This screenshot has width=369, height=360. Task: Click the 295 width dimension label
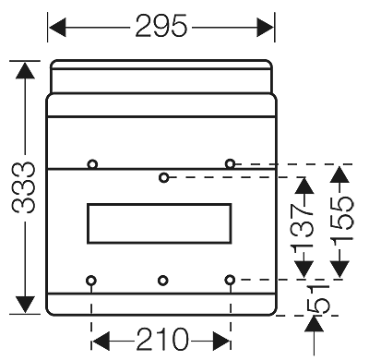click(x=161, y=27)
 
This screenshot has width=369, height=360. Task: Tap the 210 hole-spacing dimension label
click(x=161, y=340)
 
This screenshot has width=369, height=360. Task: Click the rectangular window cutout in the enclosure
click(x=159, y=223)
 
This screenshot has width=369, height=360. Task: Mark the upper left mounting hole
click(x=92, y=164)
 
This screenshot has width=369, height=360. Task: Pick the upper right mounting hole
click(x=230, y=163)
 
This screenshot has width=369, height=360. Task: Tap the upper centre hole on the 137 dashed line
click(x=163, y=176)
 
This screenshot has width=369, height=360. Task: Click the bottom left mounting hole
click(x=91, y=280)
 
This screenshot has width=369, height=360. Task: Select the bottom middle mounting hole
click(x=162, y=280)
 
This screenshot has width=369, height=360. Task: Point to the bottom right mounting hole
click(x=230, y=279)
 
